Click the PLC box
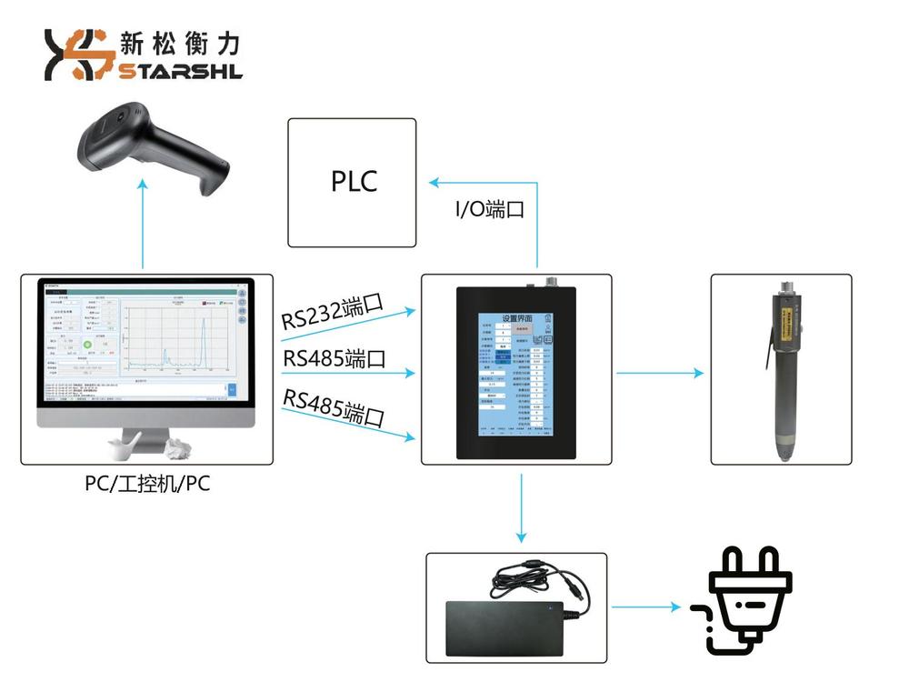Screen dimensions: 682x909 [x=353, y=182]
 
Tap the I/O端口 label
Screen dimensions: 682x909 [x=490, y=209]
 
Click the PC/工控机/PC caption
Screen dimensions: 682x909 [x=147, y=484]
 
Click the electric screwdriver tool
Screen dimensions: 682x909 [x=782, y=368]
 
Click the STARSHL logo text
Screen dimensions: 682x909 [x=180, y=71]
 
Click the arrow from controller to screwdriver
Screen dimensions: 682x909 [x=659, y=372]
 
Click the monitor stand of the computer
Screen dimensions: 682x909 [x=145, y=442]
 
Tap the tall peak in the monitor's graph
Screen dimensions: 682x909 [x=204, y=336]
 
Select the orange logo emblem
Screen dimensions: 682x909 [x=78, y=55]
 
